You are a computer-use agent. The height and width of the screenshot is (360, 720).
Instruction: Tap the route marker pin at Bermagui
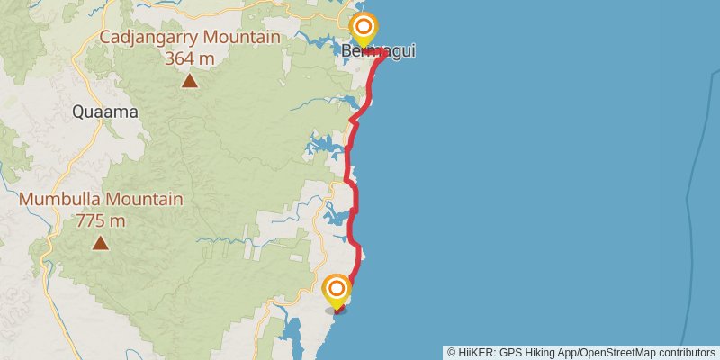pos(363,30)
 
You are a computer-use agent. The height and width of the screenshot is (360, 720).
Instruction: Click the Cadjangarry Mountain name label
pos(189,38)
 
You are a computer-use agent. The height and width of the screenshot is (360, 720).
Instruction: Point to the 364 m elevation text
pos(189,58)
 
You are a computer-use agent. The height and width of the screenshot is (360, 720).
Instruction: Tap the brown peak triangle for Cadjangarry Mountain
pos(189,82)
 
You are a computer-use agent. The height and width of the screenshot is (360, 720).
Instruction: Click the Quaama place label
pos(105,112)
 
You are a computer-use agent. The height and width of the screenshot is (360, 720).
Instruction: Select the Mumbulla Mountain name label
pos(101,200)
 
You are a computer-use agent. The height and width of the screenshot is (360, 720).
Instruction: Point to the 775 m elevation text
pos(100,220)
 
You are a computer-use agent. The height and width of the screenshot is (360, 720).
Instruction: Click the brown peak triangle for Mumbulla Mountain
pos(100,243)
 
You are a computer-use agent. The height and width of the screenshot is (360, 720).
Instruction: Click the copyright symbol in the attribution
pos(453,352)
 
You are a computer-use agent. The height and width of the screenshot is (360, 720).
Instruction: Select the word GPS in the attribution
pos(512,352)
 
